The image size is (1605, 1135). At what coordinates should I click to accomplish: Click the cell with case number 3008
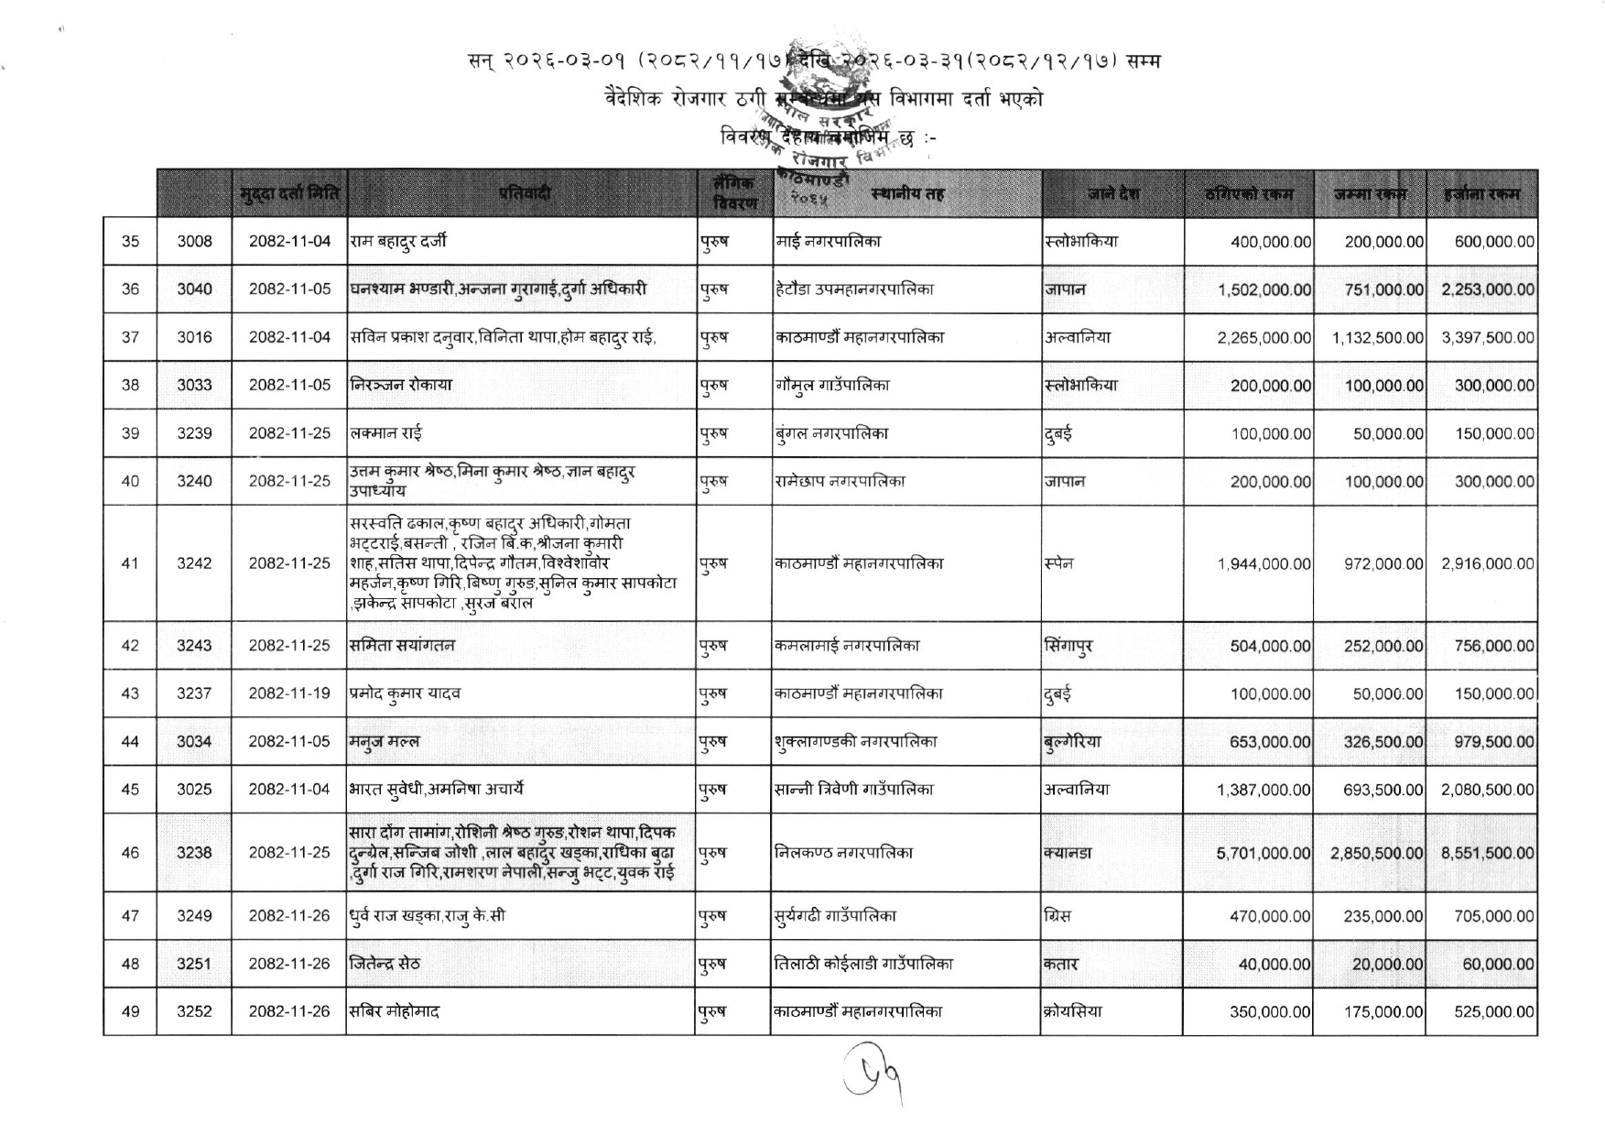tap(194, 242)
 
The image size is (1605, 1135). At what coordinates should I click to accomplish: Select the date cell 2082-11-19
tap(289, 693)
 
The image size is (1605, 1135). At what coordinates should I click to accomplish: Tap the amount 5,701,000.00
tap(1263, 853)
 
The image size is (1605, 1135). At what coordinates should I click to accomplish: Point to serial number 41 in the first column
tap(130, 563)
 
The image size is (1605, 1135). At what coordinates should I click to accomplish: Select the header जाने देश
tap(1112, 193)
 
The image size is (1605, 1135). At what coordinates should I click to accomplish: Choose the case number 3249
tap(194, 916)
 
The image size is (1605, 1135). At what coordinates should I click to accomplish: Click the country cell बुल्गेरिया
tap(1072, 742)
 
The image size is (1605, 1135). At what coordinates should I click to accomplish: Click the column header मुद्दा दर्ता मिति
tap(289, 193)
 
